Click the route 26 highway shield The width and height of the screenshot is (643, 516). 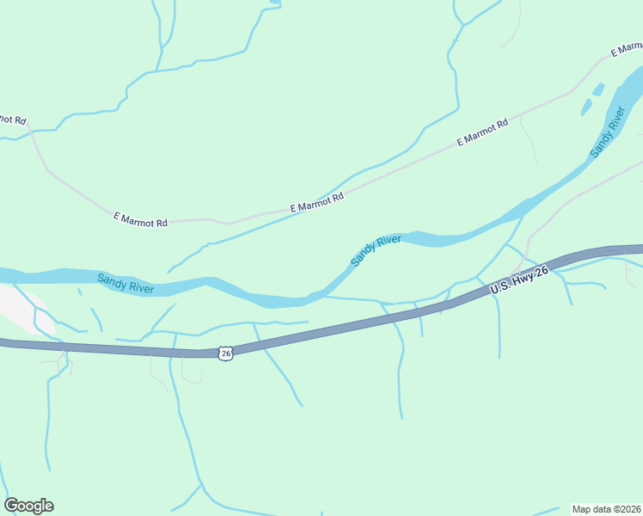224,353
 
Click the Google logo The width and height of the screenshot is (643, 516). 28,506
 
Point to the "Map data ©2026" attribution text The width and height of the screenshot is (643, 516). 607,508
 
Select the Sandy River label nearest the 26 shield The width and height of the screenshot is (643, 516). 126,283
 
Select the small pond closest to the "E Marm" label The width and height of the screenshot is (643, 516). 599,89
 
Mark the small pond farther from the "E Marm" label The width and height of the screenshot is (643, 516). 587,107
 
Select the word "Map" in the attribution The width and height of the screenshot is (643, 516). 583,508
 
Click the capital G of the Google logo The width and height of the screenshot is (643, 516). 11,506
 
